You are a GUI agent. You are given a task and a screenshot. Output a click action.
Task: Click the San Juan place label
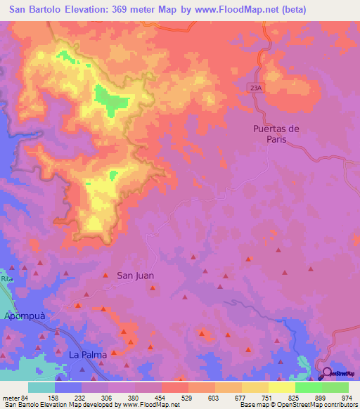click(135, 276)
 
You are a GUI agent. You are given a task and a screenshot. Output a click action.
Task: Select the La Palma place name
click(88, 354)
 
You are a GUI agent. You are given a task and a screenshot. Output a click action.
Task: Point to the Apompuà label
click(25, 316)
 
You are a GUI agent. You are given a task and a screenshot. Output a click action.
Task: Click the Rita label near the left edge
click(7, 279)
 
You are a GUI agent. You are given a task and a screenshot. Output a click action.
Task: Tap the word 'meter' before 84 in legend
click(10, 398)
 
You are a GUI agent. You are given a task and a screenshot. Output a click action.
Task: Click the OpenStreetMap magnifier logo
click(326, 375)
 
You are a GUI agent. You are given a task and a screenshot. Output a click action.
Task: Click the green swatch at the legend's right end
click(335, 387)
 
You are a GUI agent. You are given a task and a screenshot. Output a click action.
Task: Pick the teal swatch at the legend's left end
click(41, 387)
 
